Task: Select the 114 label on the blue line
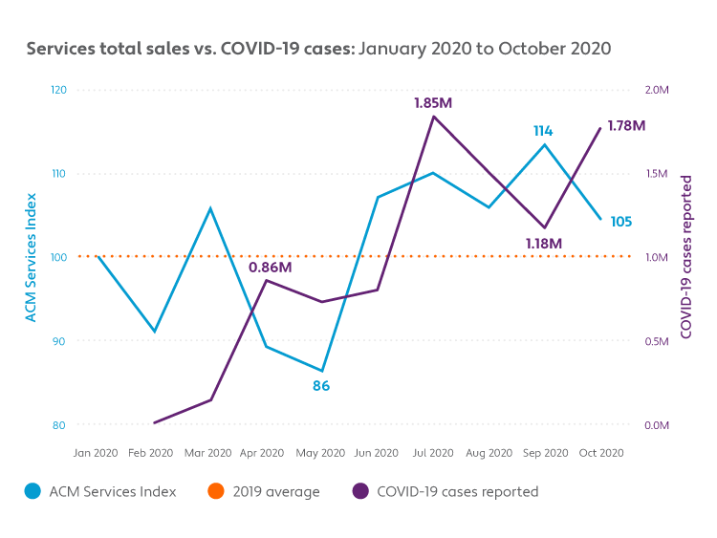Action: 544,131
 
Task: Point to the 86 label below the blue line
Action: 321,386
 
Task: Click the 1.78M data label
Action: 627,125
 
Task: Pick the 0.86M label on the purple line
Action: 270,268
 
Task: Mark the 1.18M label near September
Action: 544,244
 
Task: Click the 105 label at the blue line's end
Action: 620,222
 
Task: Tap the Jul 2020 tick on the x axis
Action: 433,453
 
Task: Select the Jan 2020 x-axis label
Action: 96,453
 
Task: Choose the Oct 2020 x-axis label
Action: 602,453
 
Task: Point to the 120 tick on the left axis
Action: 58,90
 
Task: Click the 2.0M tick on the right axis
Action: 657,90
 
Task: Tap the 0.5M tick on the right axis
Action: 657,341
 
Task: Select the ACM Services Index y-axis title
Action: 32,257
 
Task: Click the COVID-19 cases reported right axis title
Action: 686,257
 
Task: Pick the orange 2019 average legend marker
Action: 215,492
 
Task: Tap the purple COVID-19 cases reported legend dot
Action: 360,492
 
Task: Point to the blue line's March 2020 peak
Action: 210,207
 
